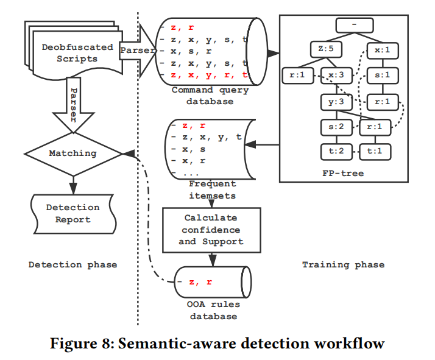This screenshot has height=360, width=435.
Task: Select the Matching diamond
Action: click(x=73, y=154)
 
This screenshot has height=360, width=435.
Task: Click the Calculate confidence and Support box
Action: click(x=210, y=230)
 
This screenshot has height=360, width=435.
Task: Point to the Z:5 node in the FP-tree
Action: click(x=323, y=48)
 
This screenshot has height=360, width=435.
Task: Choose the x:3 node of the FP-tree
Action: click(x=338, y=76)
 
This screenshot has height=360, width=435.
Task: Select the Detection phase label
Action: click(x=72, y=264)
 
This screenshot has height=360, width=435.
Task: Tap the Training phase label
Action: click(x=343, y=264)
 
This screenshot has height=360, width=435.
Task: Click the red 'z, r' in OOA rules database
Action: click(x=200, y=282)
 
